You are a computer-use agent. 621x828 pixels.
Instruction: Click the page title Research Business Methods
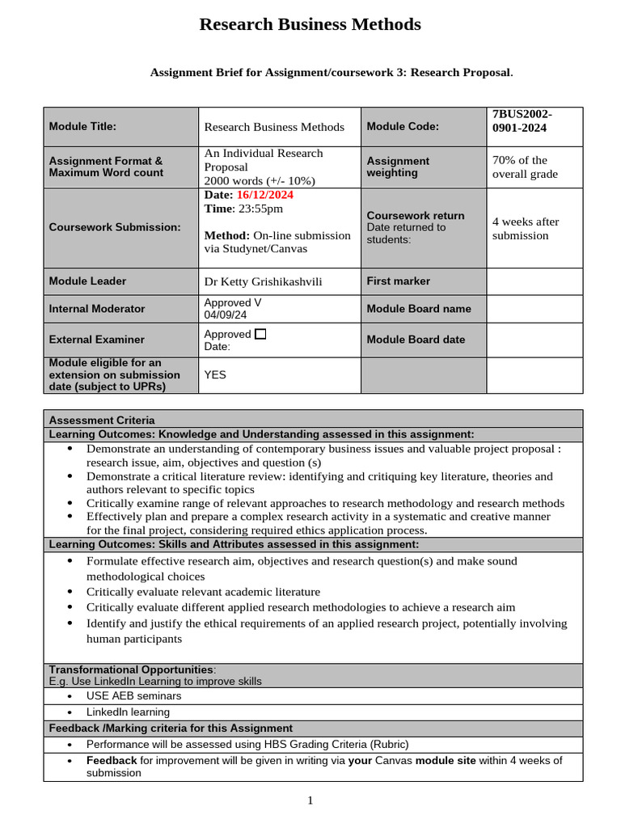310,25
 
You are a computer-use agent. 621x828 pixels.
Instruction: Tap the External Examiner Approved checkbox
260,333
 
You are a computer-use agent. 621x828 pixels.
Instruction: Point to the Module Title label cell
82,126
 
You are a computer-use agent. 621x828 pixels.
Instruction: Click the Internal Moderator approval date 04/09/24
226,315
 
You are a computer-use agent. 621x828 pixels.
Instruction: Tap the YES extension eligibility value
215,375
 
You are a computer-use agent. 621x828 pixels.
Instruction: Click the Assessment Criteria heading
102,420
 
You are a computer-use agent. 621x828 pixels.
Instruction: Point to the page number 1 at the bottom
310,801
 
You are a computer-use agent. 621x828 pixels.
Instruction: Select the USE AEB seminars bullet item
133,695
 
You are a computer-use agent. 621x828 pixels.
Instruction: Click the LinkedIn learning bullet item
128,712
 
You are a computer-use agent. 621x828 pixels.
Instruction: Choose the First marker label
399,281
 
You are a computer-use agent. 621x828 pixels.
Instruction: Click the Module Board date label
416,340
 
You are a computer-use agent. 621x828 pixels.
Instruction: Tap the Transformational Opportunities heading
131,670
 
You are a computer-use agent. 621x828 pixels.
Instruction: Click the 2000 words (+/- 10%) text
260,180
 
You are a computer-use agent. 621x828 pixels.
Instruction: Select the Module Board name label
418,309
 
